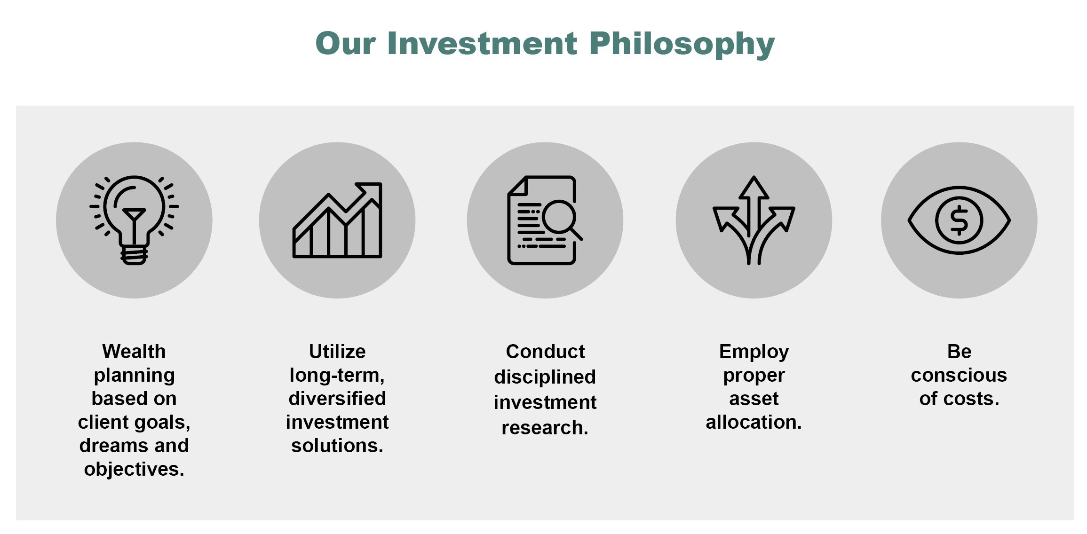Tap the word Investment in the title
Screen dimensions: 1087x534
(482, 43)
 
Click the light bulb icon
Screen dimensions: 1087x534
(134, 220)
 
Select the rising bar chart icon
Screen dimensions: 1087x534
(337, 220)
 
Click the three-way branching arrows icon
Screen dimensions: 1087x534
(754, 220)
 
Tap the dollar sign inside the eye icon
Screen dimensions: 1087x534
(959, 220)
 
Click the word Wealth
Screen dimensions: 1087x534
(134, 352)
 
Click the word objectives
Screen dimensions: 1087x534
(134, 470)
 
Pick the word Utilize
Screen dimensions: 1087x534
(337, 352)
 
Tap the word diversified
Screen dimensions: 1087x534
(337, 399)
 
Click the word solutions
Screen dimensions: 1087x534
(337, 446)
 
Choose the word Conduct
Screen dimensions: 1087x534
(545, 352)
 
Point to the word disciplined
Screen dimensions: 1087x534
(545, 377)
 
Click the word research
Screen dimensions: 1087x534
(545, 428)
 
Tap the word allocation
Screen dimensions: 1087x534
(754, 422)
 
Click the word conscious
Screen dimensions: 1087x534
(959, 375)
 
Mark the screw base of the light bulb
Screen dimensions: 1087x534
(135, 256)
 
